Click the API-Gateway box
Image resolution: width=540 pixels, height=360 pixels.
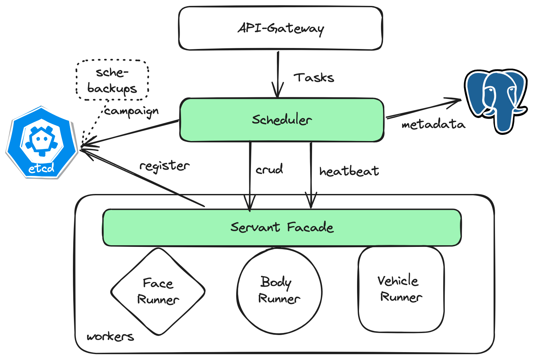pos(281,28)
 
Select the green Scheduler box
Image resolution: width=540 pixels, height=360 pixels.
pos(282,120)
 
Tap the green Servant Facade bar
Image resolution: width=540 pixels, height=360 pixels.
pos(282,227)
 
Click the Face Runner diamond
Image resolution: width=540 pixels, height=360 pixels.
pos(158,292)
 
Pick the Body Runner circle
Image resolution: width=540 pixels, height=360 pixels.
pos(279,291)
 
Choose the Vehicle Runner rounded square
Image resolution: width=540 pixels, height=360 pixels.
pos(401,289)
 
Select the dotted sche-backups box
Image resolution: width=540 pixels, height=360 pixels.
pos(112,80)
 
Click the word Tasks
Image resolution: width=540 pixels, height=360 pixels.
pos(314,78)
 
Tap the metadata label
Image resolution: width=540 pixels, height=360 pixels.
pos(433,125)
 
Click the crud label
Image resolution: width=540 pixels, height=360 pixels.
pos(269,170)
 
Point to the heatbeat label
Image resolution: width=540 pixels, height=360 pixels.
pos(349,171)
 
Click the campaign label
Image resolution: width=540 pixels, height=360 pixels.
pos(131,112)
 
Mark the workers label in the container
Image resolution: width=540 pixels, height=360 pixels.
pos(110,336)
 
